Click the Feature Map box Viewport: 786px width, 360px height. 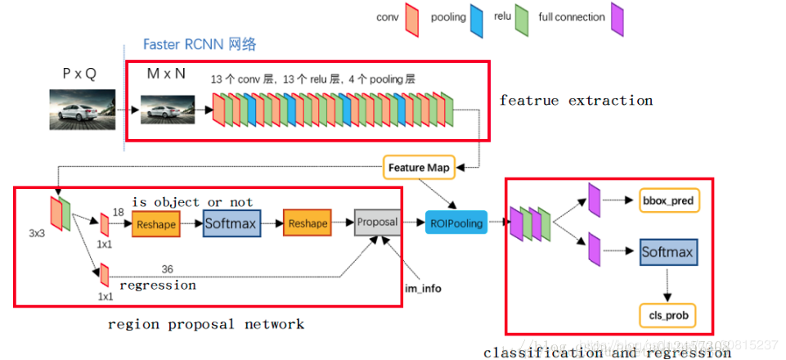418,167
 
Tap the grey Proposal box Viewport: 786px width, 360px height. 377,222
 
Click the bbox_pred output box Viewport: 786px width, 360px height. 668,200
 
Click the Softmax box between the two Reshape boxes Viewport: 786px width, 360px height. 231,223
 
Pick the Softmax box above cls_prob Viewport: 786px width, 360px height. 667,252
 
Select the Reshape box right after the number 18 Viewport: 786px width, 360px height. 155,223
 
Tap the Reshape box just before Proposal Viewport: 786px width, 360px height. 307,223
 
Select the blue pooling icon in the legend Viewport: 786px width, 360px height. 477,17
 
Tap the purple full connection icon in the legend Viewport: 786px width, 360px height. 618,17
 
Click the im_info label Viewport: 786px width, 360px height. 422,289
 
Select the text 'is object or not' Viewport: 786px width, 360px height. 193,201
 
